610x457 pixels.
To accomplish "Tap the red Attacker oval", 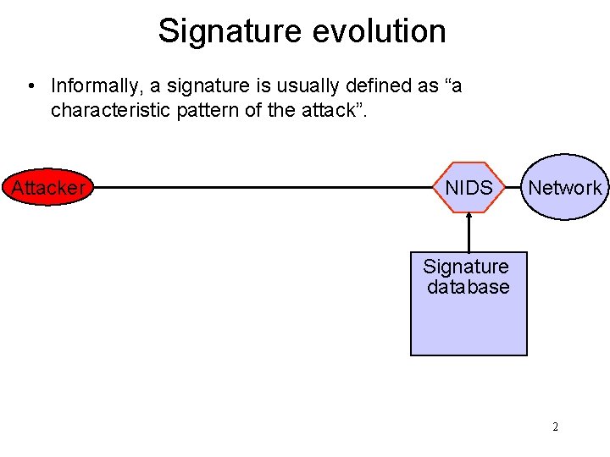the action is point(47,188).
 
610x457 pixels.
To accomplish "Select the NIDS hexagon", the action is point(469,188).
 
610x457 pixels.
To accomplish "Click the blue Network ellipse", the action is point(564,188).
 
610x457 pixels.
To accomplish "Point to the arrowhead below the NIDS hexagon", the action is point(469,216).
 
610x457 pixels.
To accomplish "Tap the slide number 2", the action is point(555,427).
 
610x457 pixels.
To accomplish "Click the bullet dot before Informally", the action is point(30,86).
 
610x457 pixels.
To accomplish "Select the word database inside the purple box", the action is point(469,287).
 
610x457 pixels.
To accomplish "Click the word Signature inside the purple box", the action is point(466,267).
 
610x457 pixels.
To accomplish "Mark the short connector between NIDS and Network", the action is point(512,188).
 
